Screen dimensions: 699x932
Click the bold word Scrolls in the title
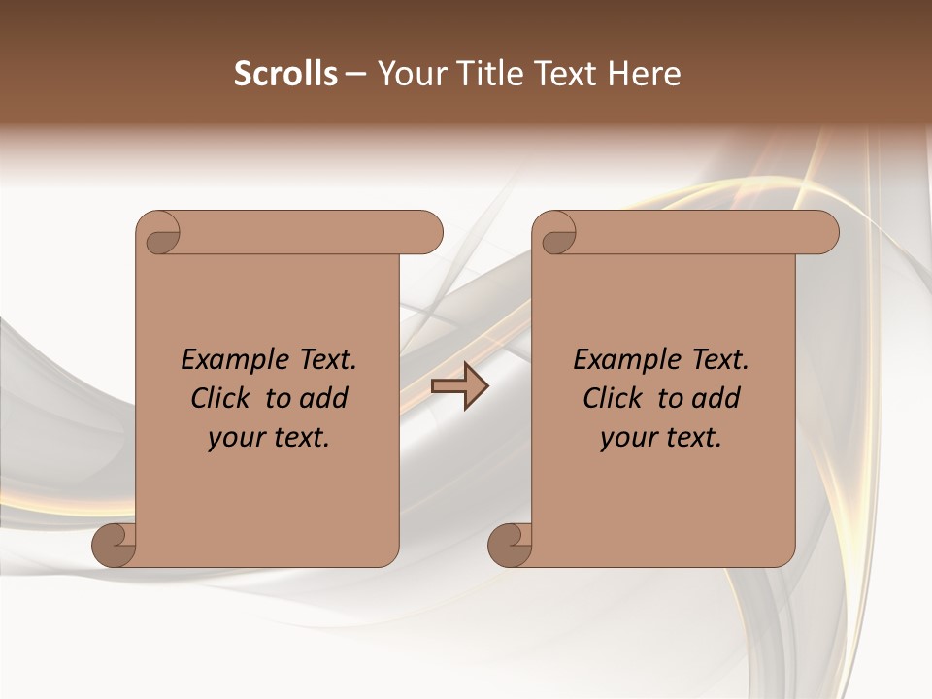pyautogui.click(x=286, y=74)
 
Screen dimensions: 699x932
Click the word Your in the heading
pyautogui.click(x=410, y=74)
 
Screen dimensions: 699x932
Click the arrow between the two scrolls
pyautogui.click(x=459, y=386)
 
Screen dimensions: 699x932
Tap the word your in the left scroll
pyautogui.click(x=235, y=438)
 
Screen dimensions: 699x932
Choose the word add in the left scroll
pyautogui.click(x=323, y=398)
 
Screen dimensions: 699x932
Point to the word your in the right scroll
pyautogui.click(x=627, y=438)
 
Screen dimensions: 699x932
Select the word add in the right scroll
pyautogui.click(x=716, y=398)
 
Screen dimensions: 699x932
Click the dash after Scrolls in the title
pyautogui.click(x=356, y=75)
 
